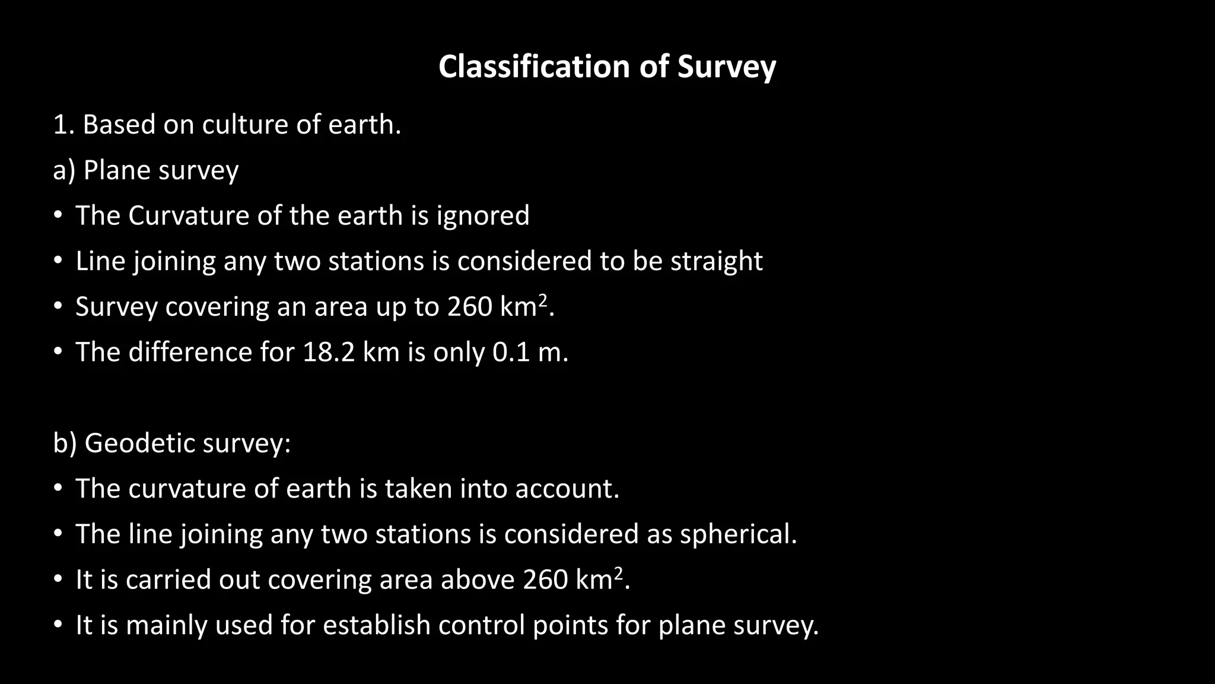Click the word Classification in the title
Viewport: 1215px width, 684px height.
click(x=534, y=66)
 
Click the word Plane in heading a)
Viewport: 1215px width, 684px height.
click(x=117, y=170)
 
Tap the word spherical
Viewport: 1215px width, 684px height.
click(x=738, y=534)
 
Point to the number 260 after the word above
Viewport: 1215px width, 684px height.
click(x=545, y=580)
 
